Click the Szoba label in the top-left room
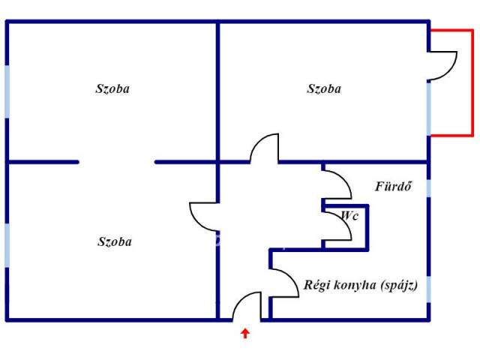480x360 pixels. click(x=112, y=88)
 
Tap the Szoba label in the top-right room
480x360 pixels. click(x=324, y=88)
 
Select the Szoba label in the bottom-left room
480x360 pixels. click(x=115, y=241)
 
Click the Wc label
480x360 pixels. click(x=349, y=215)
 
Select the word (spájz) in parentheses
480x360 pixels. click(x=398, y=285)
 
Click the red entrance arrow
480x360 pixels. click(x=244, y=332)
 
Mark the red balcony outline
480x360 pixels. click(x=472, y=82)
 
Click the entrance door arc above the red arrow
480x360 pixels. click(x=244, y=304)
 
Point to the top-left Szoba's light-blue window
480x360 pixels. click(x=7, y=91)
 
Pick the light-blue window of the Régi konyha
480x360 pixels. click(x=430, y=289)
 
